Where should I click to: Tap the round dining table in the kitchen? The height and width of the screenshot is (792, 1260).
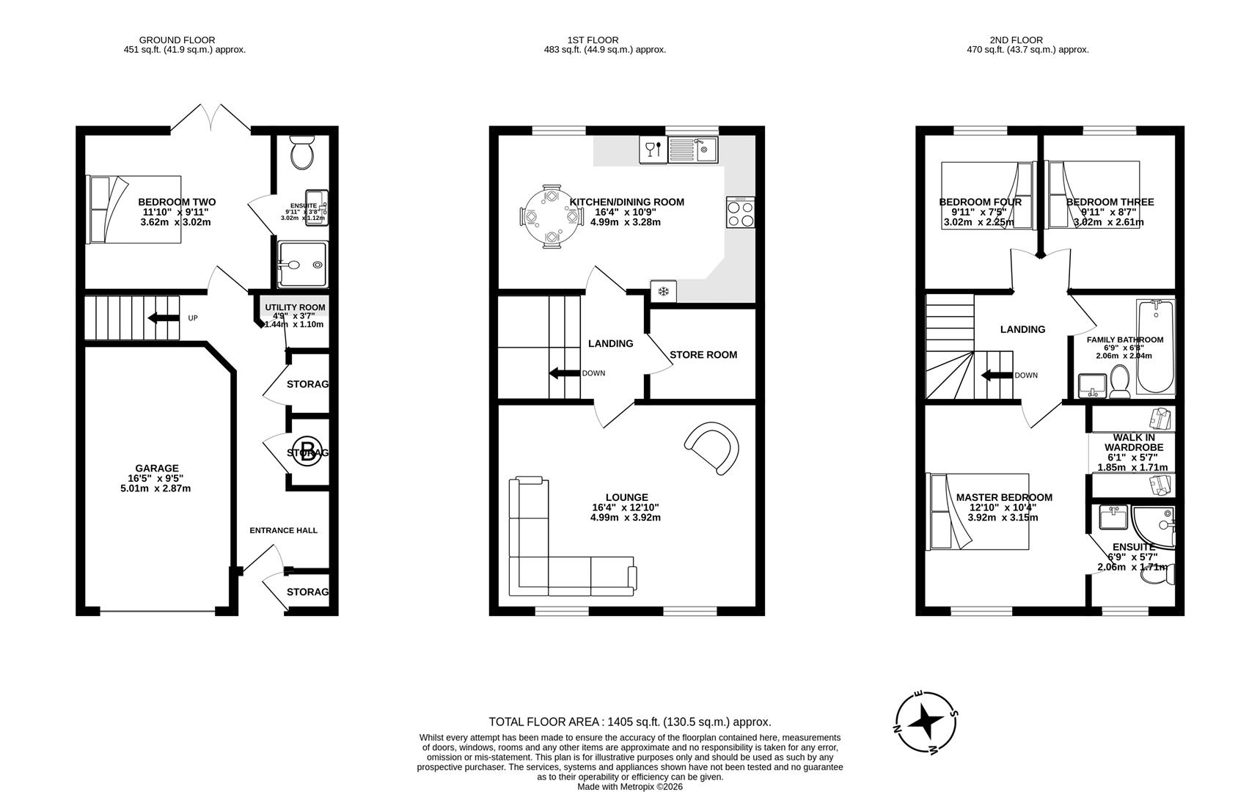tap(550, 217)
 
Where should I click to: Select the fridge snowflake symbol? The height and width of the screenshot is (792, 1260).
tap(663, 292)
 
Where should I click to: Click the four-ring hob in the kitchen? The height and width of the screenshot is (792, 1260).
tap(741, 213)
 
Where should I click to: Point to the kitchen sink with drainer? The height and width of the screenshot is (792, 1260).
tap(693, 150)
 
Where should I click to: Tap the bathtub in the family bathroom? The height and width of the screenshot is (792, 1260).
tap(1155, 347)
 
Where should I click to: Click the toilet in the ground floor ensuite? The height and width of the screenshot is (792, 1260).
tap(301, 152)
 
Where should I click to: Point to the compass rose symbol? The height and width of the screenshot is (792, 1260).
tap(926, 722)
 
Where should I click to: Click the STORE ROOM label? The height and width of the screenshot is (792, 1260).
tap(703, 355)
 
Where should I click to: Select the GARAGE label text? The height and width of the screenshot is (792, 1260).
tap(156, 469)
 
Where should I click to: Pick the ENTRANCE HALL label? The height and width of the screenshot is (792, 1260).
tap(283, 530)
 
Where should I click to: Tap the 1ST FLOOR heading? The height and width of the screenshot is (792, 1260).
tap(593, 40)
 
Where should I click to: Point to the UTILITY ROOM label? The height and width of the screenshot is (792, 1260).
tap(295, 307)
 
